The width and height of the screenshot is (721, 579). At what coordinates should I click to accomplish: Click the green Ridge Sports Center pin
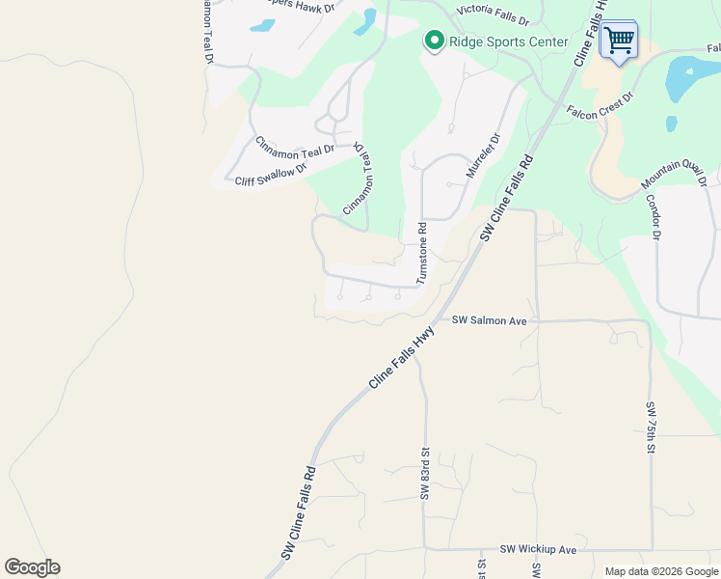[434, 41]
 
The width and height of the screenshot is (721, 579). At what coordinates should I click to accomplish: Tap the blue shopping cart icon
[619, 41]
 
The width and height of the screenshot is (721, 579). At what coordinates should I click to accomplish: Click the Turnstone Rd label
[421, 253]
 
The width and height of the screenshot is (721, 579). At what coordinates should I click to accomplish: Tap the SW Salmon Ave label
[490, 319]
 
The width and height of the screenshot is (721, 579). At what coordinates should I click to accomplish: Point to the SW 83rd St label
[423, 473]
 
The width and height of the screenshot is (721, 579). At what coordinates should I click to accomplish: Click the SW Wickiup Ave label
[538, 549]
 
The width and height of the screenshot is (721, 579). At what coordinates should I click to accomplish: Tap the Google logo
[32, 567]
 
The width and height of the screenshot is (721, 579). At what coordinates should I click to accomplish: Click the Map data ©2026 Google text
[660, 571]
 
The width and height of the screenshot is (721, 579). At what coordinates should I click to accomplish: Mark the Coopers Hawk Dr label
[301, 7]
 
